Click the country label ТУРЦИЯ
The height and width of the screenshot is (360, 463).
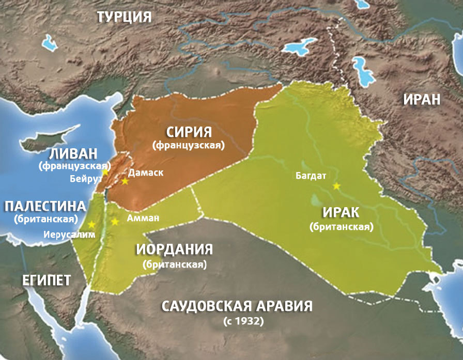pyautogui.click(x=124, y=17)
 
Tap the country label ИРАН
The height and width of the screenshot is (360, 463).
pyautogui.click(x=422, y=99)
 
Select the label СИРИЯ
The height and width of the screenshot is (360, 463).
pyautogui.click(x=189, y=132)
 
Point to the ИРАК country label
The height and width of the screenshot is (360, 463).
pyautogui.click(x=341, y=213)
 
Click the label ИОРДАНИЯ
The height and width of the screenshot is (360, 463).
pyautogui.click(x=175, y=249)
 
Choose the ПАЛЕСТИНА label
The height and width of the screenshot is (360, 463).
pyautogui.click(x=45, y=207)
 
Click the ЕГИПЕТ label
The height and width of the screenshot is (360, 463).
pyautogui.click(x=47, y=280)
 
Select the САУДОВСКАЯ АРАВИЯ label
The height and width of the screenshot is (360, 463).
pyautogui.click(x=237, y=306)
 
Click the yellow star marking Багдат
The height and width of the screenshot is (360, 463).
pyautogui.click(x=337, y=186)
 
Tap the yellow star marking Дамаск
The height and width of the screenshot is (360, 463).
pyautogui.click(x=125, y=181)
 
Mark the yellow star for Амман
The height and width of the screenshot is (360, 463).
pyautogui.click(x=115, y=222)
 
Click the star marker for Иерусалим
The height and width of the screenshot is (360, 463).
pyautogui.click(x=91, y=224)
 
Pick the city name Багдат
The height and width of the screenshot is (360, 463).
pyautogui.click(x=311, y=176)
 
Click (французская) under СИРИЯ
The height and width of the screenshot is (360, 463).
pyautogui.click(x=189, y=146)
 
